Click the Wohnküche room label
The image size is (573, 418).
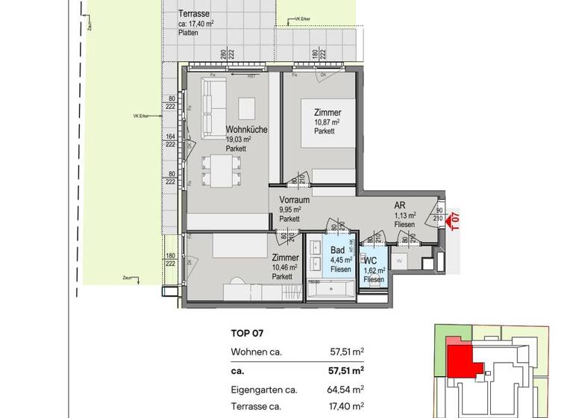click(246, 129)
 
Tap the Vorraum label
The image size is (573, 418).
click(295, 201)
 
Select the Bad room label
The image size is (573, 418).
click(337, 249)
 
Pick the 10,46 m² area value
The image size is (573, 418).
click(285, 266)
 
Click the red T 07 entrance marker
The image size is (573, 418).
click(453, 221)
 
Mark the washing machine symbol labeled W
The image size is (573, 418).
click(399, 261)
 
